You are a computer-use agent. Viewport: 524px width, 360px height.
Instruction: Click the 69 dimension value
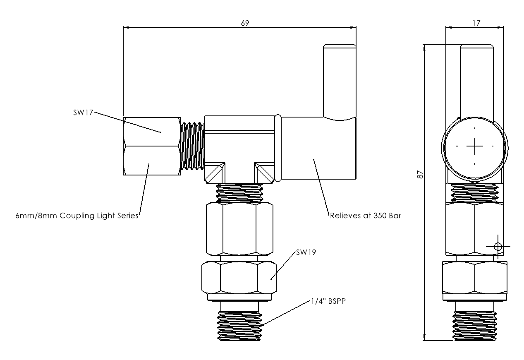tap(245, 23)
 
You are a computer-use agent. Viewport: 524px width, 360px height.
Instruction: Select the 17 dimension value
tap(476, 23)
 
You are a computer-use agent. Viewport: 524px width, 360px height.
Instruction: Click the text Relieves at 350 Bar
tap(365, 215)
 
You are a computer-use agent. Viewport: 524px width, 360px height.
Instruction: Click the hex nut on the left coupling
tap(151, 146)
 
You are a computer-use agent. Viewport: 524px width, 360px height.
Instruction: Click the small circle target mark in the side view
tap(498, 247)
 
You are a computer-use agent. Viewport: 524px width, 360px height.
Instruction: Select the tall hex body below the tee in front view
tap(239, 229)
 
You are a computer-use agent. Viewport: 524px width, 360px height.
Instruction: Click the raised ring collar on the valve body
tap(278, 149)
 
